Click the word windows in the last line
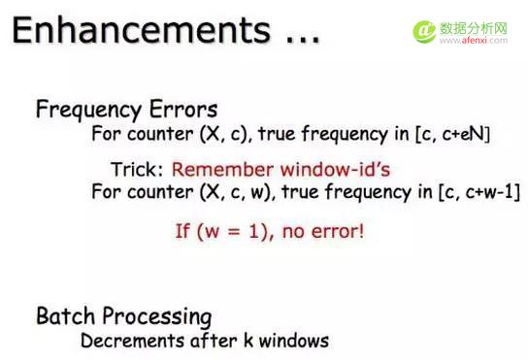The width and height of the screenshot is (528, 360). click(x=293, y=342)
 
